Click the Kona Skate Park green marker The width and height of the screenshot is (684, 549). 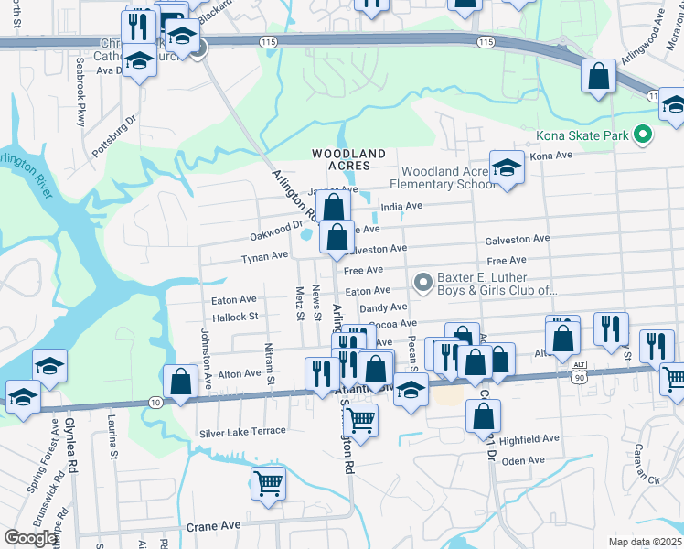643,135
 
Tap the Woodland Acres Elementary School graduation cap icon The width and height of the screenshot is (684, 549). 504,168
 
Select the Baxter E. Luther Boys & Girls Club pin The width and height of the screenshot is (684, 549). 422,282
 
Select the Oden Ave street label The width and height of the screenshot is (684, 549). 523,460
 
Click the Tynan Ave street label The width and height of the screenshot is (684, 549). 264,257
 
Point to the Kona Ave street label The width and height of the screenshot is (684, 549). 550,156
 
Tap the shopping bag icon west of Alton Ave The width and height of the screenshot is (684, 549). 181,381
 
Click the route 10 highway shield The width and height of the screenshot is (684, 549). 155,403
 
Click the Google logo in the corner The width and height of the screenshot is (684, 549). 31,538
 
